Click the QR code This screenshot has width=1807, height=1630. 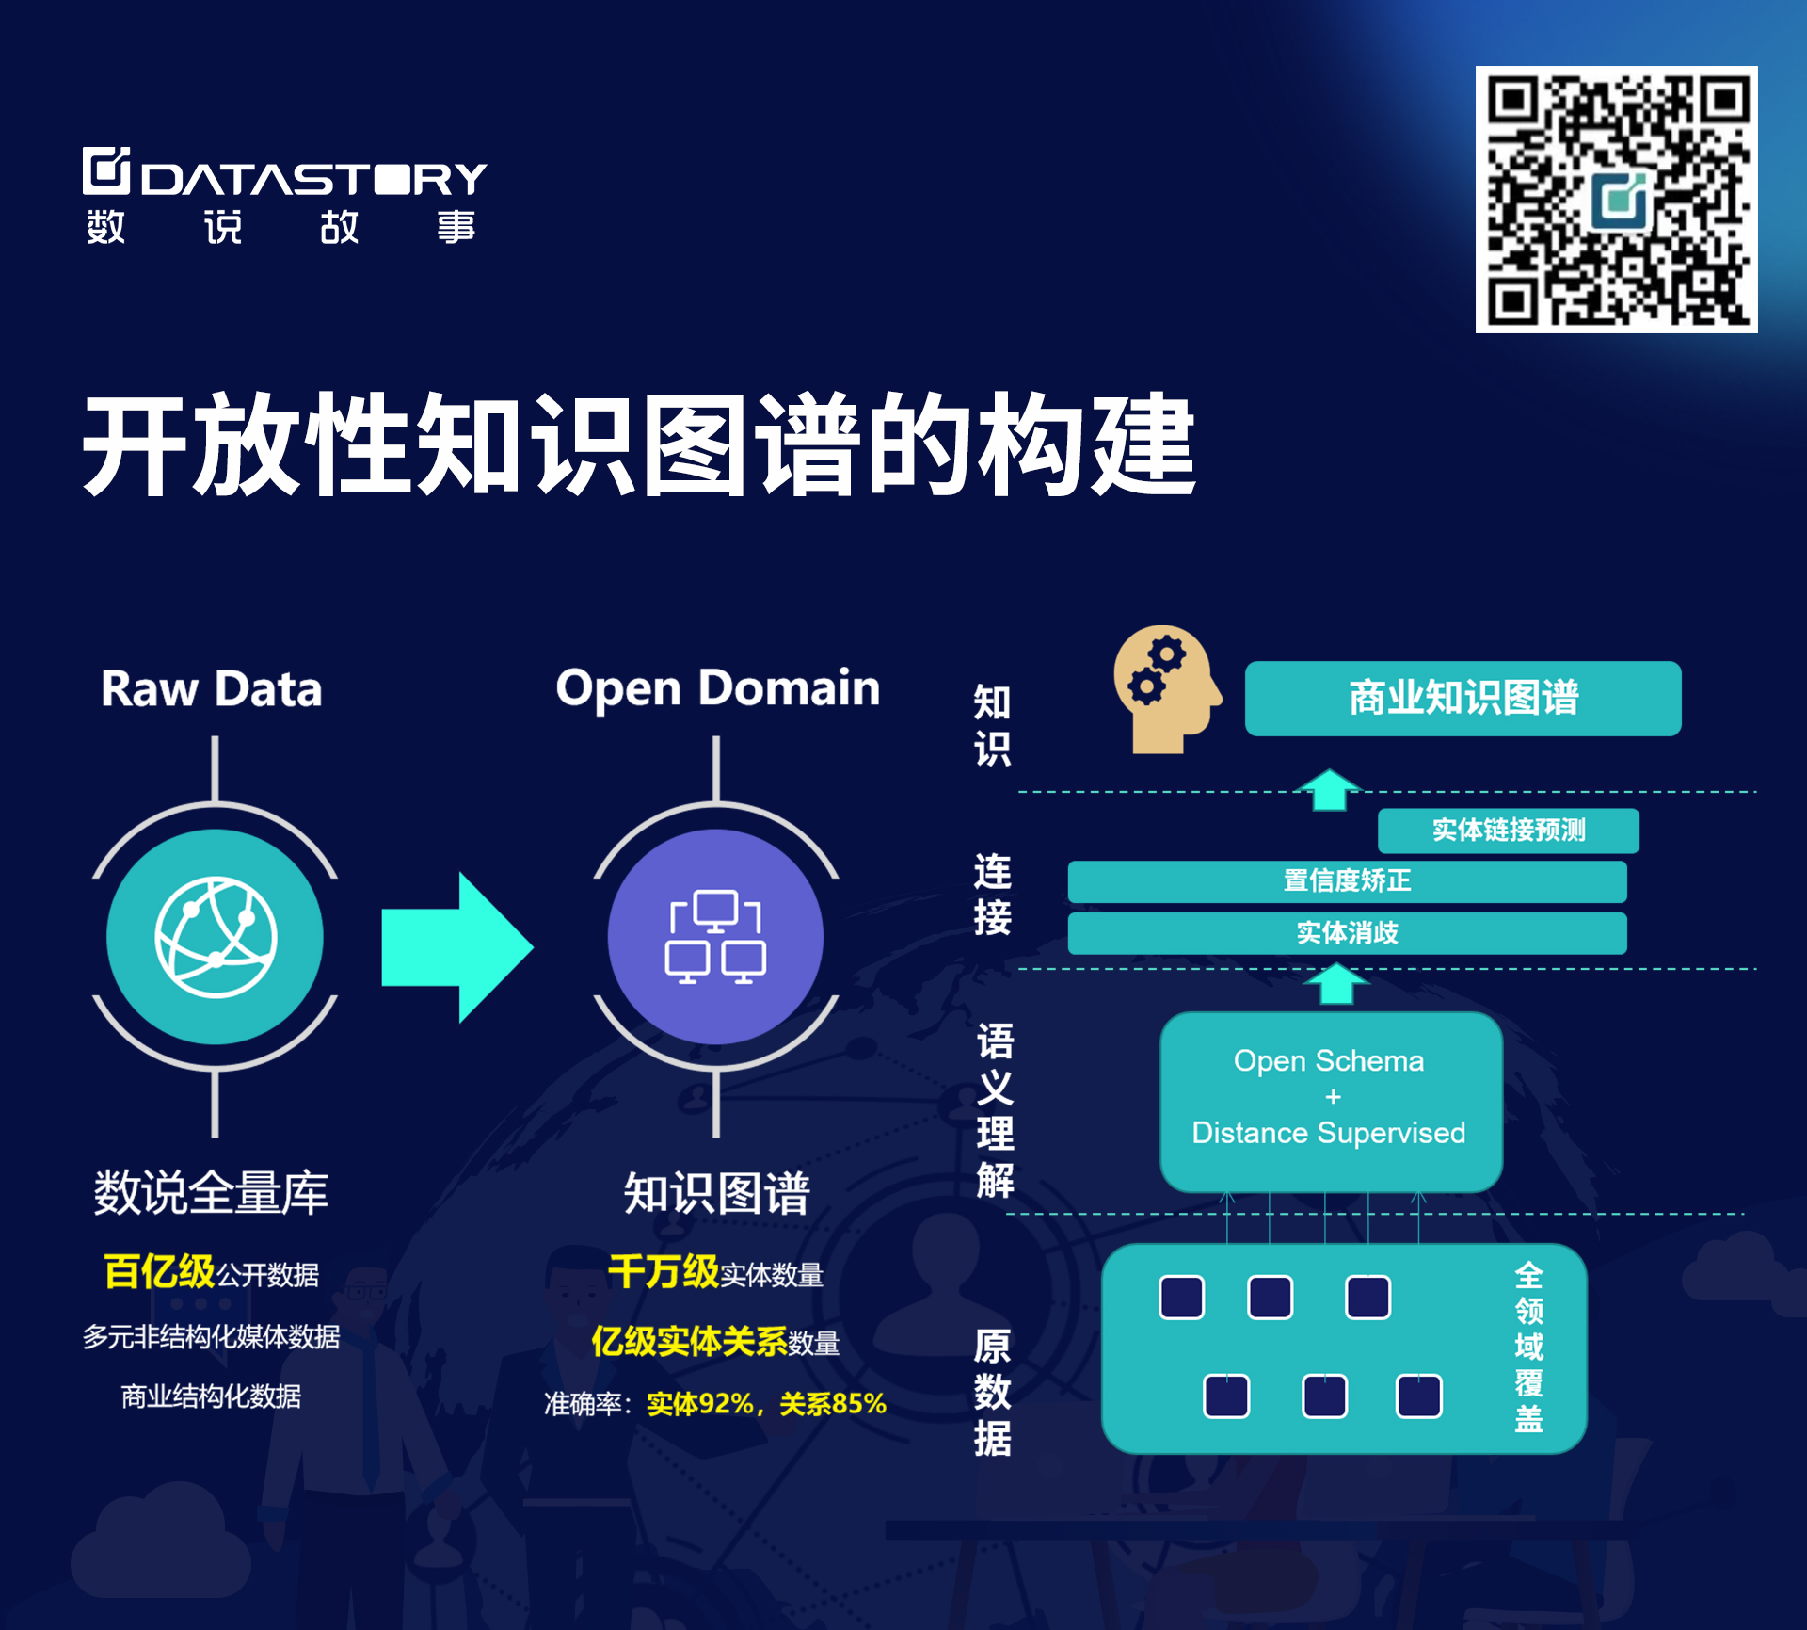(1616, 199)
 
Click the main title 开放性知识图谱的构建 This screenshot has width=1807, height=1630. (639, 444)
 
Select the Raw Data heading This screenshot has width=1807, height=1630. (212, 688)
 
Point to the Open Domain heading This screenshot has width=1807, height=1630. (717, 688)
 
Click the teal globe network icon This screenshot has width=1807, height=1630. (216, 937)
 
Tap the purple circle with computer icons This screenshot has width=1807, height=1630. (715, 937)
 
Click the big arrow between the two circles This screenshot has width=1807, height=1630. (457, 946)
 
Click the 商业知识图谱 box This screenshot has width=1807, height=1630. (1463, 698)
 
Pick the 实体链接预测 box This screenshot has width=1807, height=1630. (1508, 830)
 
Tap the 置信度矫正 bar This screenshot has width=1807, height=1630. (1347, 881)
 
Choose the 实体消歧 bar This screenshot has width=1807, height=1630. (1347, 933)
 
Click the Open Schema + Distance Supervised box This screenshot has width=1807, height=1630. (1331, 1102)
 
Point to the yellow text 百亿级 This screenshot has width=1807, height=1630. (159, 1271)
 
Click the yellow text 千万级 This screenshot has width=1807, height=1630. (664, 1271)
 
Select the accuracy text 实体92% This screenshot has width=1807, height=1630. (700, 1404)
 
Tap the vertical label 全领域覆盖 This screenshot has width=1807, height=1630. (1528, 1347)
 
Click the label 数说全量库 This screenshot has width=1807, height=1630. (211, 1192)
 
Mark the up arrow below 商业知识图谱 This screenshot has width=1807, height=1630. (1329, 789)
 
